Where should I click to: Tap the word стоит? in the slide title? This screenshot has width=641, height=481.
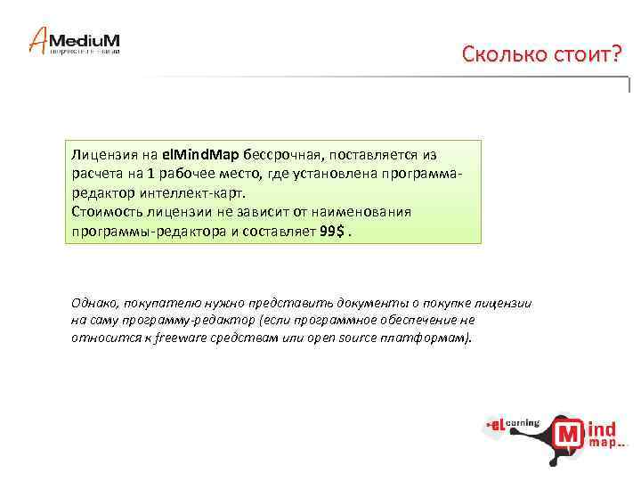coord(580,55)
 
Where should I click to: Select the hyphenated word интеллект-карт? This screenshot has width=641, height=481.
coord(199,192)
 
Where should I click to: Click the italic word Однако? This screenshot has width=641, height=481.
coord(95,303)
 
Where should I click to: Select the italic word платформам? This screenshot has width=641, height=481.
coord(430,338)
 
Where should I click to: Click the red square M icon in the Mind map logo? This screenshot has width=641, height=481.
coord(568,435)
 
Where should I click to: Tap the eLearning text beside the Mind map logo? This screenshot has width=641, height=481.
coord(510,426)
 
